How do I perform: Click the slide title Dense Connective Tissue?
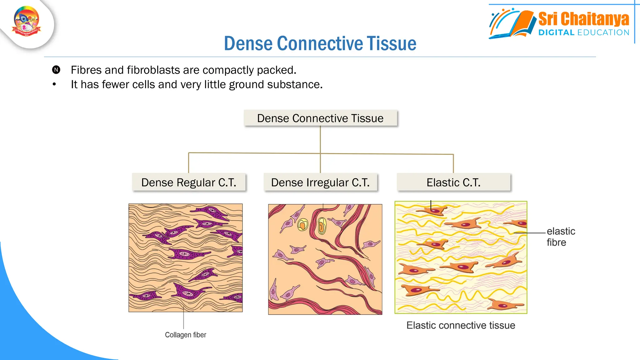coord(320,43)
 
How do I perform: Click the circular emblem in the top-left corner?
coord(27,21)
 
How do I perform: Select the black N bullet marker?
coord(56,70)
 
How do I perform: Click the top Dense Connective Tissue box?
coord(320,118)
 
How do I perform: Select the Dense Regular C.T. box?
coord(188,182)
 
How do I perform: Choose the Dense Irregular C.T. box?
coord(320,182)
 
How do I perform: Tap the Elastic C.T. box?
coord(453,182)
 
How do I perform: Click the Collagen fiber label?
coord(185,335)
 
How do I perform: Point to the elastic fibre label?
coord(560,237)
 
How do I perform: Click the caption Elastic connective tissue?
coord(461,325)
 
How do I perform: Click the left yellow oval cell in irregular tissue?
coord(302,225)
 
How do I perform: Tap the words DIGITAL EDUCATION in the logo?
coord(583,32)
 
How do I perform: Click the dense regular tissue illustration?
coord(185,258)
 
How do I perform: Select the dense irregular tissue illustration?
coord(325,259)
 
